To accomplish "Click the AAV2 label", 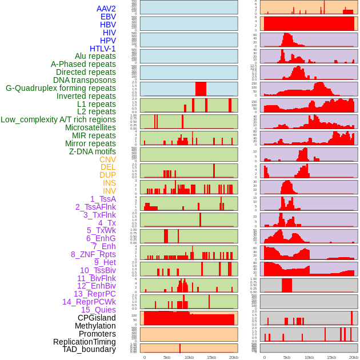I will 106,9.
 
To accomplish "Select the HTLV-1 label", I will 102,49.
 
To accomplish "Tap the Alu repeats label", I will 95,56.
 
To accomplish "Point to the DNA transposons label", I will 85,80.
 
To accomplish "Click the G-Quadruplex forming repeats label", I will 61,88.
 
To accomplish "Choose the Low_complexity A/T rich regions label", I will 58,119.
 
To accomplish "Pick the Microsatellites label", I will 90,127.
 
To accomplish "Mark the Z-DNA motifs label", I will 93,151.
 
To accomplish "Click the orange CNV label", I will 107,159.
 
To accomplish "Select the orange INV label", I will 109,191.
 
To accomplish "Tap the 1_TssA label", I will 103,199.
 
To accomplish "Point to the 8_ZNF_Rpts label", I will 93,254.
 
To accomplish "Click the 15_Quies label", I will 98,310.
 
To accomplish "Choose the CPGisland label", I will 97,318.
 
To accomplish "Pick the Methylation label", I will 95,326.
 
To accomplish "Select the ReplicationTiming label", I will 84,342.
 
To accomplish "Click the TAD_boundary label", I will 89,349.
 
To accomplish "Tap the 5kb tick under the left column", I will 167,357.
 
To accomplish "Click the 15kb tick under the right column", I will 331,357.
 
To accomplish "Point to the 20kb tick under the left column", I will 233,357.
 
